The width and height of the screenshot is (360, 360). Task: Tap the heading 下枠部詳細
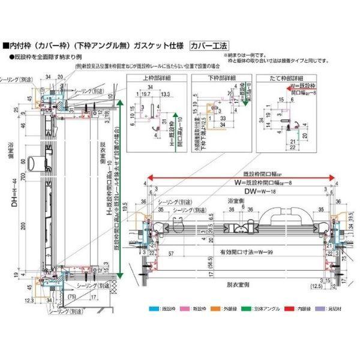pyautogui.click(x=216, y=78)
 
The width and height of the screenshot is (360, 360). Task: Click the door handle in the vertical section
pyautogui.click(x=37, y=163)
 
